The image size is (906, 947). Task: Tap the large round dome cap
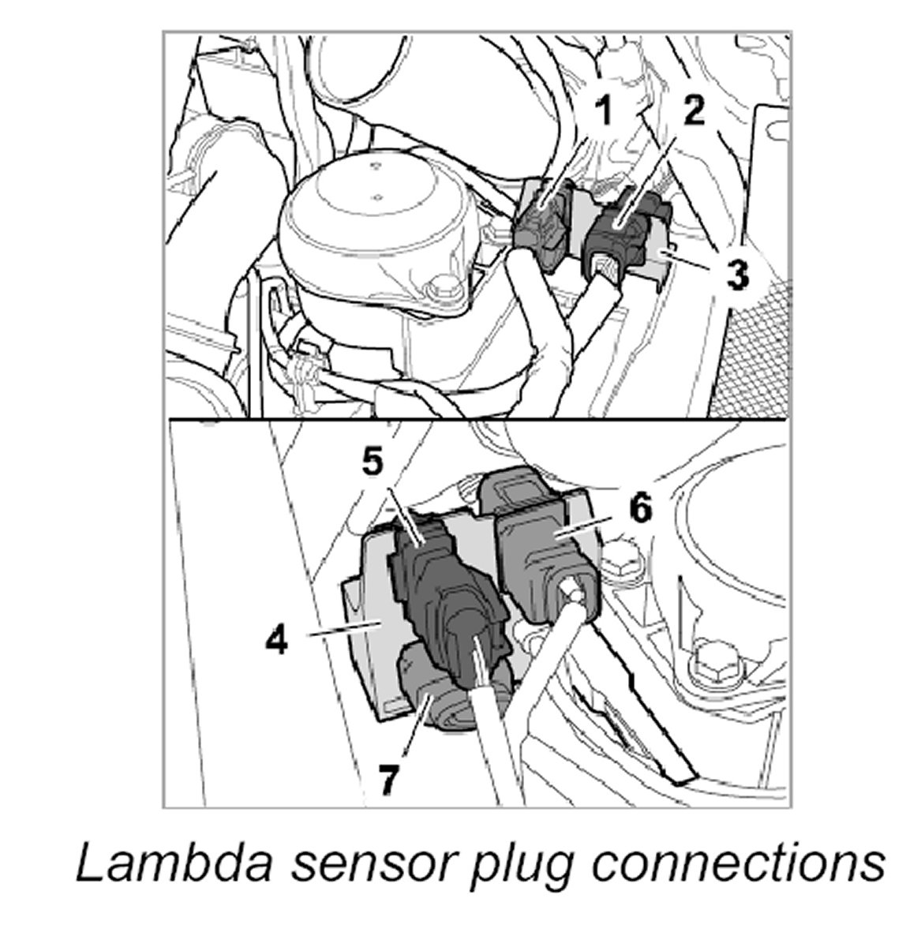click(x=375, y=229)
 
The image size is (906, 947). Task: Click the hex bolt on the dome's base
click(x=443, y=290)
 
